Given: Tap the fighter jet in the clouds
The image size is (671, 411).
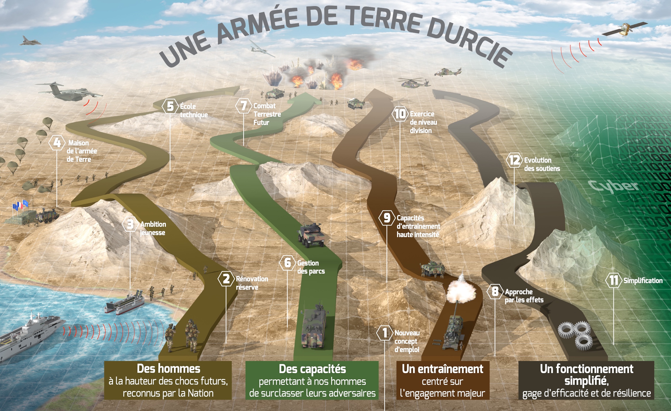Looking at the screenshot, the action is click(x=30, y=41).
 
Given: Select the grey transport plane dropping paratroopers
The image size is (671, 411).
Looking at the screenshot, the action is click(x=69, y=91).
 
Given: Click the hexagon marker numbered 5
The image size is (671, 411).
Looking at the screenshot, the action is click(x=170, y=106).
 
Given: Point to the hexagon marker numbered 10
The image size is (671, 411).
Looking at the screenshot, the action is click(x=400, y=114).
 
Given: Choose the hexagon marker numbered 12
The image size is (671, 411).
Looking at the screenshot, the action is click(x=514, y=160).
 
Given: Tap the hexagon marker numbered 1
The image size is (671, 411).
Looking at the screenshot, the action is click(x=385, y=333).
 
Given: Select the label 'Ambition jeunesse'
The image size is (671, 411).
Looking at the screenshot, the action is click(x=153, y=228).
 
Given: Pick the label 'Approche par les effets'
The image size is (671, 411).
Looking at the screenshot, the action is click(x=524, y=296).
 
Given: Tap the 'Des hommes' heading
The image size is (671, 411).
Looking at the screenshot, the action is click(x=168, y=368).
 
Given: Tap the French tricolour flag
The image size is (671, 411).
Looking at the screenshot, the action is click(x=20, y=205).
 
